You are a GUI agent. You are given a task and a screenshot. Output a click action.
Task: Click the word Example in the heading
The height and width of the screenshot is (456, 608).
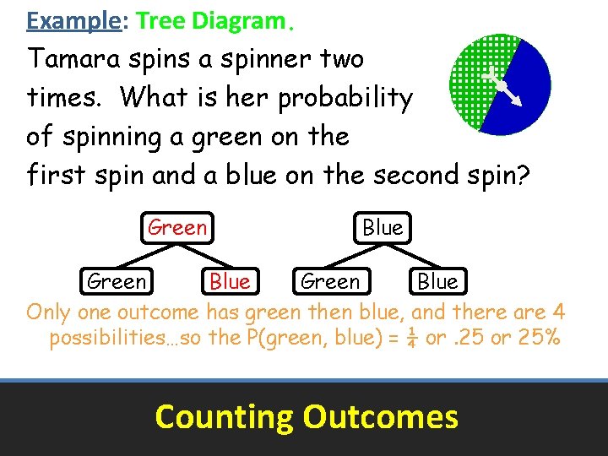[x=74, y=20]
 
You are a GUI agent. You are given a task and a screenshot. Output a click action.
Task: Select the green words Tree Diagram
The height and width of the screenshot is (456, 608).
[x=209, y=20]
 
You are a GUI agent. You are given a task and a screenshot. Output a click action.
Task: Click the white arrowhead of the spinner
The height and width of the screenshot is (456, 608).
[x=515, y=100]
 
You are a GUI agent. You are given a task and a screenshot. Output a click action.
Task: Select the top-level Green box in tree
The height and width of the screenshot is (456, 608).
[x=176, y=227]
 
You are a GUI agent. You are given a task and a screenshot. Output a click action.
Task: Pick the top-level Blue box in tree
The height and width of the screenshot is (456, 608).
[x=382, y=227]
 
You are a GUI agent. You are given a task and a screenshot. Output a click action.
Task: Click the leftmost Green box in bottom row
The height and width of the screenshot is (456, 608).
[x=117, y=281]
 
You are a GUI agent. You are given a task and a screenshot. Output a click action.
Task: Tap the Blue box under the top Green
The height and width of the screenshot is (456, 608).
[x=230, y=281]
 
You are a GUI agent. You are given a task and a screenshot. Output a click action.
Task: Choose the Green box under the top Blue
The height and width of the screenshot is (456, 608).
[x=329, y=281]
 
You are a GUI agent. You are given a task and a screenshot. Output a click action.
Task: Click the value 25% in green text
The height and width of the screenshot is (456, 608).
[x=540, y=339]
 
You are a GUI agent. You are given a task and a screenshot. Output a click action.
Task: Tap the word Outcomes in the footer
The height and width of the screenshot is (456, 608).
[x=380, y=416]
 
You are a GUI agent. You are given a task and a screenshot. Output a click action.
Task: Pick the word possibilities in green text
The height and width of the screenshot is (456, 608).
[x=111, y=339]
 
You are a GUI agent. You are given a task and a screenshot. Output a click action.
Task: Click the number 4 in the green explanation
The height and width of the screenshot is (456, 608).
[x=558, y=312]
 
